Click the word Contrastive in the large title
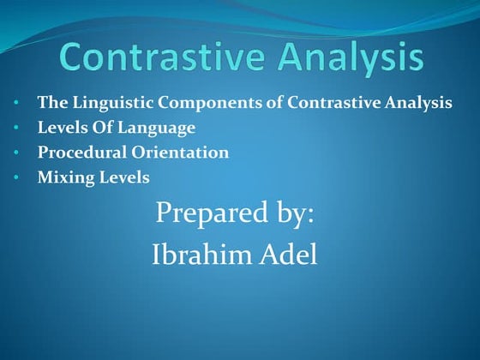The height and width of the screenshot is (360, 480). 158,57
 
